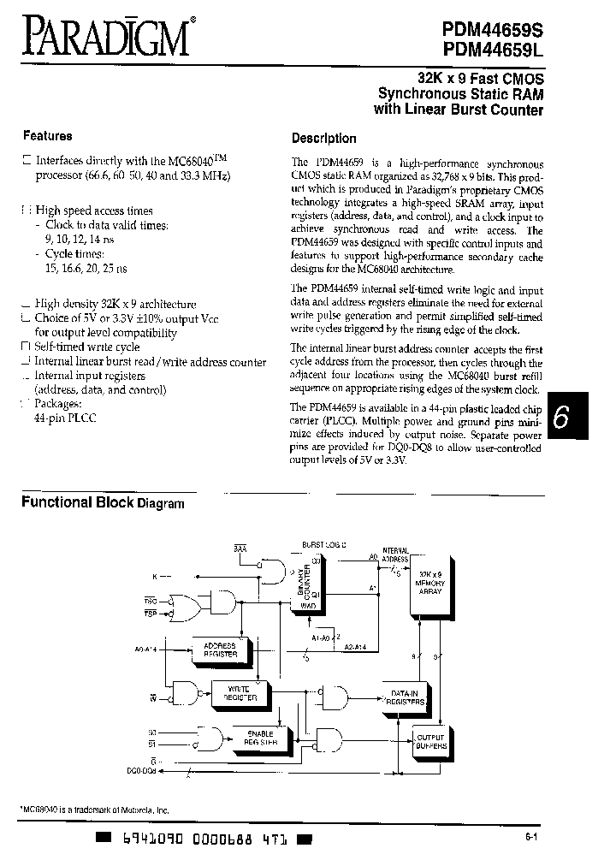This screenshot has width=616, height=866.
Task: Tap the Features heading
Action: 47,135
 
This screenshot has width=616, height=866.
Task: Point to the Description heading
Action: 323,138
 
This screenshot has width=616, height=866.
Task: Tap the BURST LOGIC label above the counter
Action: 322,544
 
